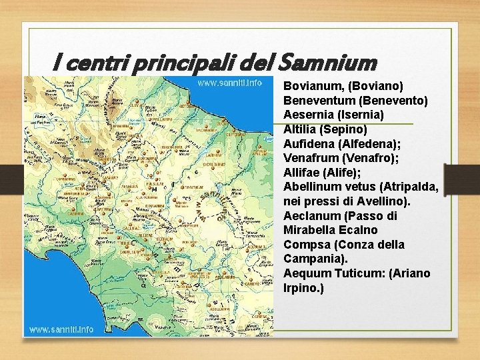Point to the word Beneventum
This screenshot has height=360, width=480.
pyautogui.click(x=319, y=101)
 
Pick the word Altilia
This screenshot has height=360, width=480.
pyautogui.click(x=299, y=129)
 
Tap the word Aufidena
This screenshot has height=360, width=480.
pyautogui.click(x=309, y=143)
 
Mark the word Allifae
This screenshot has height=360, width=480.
pyautogui.click(x=302, y=173)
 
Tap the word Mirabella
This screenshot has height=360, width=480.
pyautogui.click(x=309, y=230)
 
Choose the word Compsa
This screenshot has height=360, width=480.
pyautogui.click(x=305, y=245)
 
